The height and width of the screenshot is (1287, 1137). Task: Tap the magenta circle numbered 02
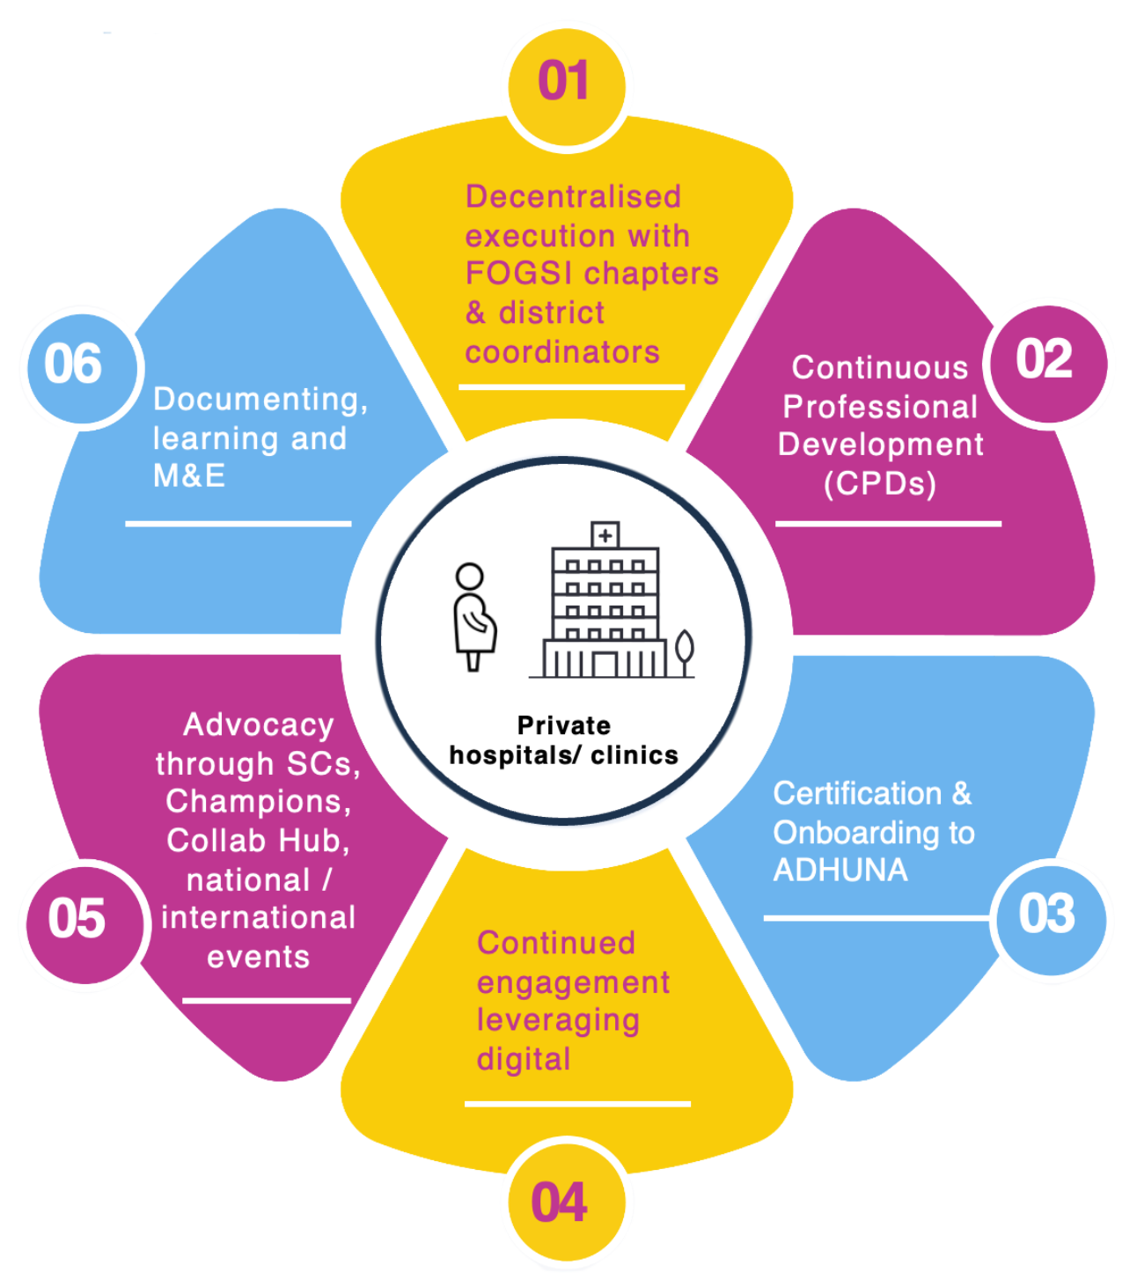pos(1046,361)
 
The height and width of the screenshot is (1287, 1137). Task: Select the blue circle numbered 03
pos(1049,916)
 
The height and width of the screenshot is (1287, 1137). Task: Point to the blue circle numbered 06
pos(77,365)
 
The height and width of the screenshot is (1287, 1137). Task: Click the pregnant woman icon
pos(473,617)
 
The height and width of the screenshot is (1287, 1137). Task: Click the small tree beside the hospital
pos(684,651)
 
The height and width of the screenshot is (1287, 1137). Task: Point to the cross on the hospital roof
pos(605,535)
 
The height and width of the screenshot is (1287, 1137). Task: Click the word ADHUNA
pos(840,871)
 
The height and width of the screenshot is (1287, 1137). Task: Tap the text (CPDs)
pos(880,483)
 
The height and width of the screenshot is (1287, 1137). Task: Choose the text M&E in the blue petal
pos(189,476)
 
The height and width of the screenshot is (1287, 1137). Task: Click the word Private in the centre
pos(563,725)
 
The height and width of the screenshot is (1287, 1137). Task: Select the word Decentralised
pos(573,196)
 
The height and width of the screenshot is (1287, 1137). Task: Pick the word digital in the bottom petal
pos(524,1059)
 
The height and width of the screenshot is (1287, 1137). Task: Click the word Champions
pos(258,802)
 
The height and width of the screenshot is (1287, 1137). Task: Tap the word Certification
pos(857,793)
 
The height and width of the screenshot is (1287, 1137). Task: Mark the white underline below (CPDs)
pos(888,524)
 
